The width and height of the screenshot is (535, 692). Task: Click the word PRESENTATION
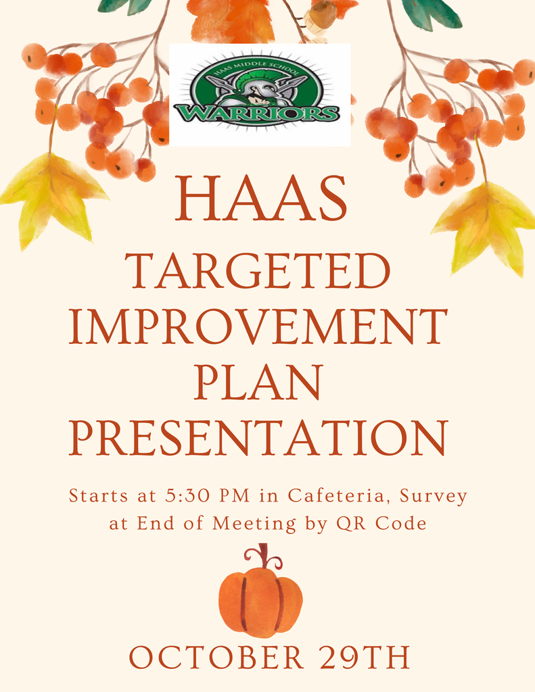pos(258,437)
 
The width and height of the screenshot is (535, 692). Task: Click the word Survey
pos(433,497)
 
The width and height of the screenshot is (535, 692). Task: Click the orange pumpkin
pos(260,601)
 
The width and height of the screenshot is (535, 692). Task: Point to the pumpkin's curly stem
pos(264,557)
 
